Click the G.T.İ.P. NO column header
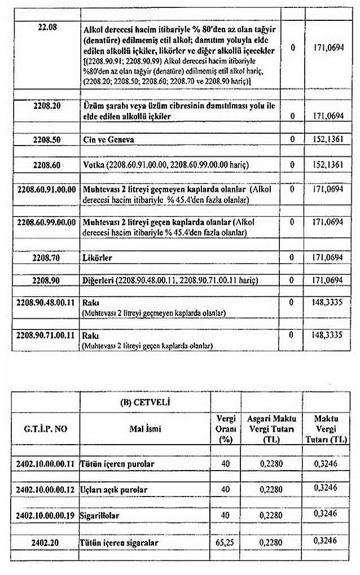pos(45,429)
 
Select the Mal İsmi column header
pos(143,429)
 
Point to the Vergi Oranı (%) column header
pos(225,428)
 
